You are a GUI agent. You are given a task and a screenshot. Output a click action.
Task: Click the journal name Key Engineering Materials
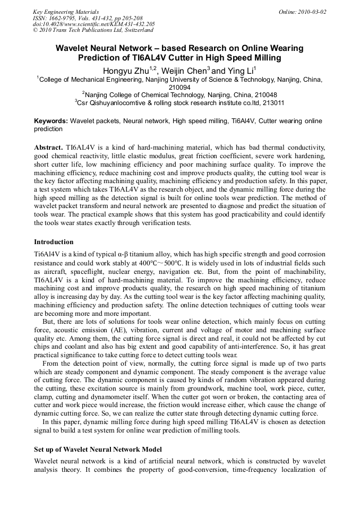tap(66, 12)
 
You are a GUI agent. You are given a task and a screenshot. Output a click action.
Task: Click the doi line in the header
tap(94, 24)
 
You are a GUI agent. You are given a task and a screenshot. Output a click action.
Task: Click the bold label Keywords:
tap(51, 121)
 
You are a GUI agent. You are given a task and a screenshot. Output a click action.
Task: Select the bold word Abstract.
tap(48, 146)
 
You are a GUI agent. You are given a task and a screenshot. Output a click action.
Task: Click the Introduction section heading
tap(54, 242)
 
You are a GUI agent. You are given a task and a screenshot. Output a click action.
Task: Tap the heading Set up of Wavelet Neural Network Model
tap(98, 450)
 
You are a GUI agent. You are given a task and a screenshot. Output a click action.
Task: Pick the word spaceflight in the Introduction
tap(88, 271)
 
